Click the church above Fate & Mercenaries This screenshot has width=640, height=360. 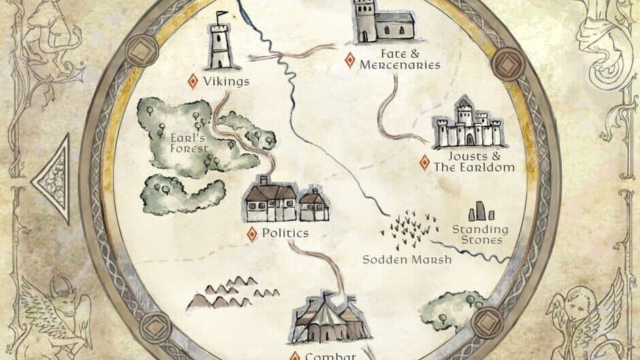pos(383,22)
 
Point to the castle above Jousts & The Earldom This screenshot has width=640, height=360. pos(469,124)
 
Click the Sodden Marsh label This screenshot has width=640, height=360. pos(406,259)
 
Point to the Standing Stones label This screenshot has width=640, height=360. pos(481,235)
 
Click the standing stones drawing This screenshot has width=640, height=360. pos(481,212)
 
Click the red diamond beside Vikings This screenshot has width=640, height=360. pos(193,82)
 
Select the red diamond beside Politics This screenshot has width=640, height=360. pos(252,233)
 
